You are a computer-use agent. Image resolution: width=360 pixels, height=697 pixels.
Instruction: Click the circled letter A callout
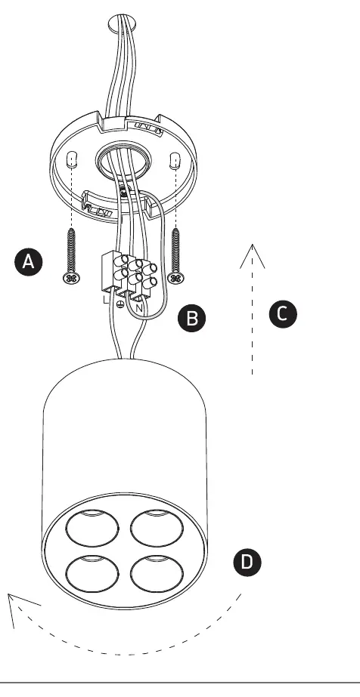pyautogui.click(x=29, y=262)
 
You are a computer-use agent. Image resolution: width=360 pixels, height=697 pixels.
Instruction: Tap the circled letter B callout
pyautogui.click(x=192, y=318)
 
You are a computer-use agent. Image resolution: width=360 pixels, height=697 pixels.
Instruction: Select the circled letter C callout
pyautogui.click(x=283, y=314)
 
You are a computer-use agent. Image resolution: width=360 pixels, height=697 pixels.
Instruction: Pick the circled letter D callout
pyautogui.click(x=247, y=562)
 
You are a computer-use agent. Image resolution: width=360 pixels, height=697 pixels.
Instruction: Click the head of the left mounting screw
pyautogui.click(x=72, y=279)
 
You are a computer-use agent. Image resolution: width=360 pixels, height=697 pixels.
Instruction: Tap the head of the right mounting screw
pyautogui.click(x=175, y=279)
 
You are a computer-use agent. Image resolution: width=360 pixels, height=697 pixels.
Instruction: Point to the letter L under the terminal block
pyautogui.click(x=105, y=299)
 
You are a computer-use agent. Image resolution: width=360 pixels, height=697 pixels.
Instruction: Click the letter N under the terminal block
pyautogui.click(x=139, y=307)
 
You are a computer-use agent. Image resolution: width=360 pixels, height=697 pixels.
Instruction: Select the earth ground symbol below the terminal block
pyautogui.click(x=119, y=304)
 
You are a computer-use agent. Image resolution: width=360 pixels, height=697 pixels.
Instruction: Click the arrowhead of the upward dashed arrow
pyautogui.click(x=253, y=255)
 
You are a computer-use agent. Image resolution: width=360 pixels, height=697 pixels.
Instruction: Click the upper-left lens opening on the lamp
pyautogui.click(x=92, y=528)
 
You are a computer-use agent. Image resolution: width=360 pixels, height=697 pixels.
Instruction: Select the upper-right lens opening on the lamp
pyautogui.click(x=157, y=528)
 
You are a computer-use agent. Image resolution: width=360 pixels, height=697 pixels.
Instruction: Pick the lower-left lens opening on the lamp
pyautogui.click(x=92, y=573)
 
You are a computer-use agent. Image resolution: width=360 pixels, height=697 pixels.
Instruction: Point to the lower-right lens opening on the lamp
pyautogui.click(x=157, y=573)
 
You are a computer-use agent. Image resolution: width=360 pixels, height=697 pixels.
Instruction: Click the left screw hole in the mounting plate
pyautogui.click(x=72, y=160)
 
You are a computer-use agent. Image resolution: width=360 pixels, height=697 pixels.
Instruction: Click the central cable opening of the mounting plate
pyautogui.click(x=123, y=162)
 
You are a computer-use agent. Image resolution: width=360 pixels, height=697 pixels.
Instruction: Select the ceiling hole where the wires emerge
pyautogui.click(x=123, y=22)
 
